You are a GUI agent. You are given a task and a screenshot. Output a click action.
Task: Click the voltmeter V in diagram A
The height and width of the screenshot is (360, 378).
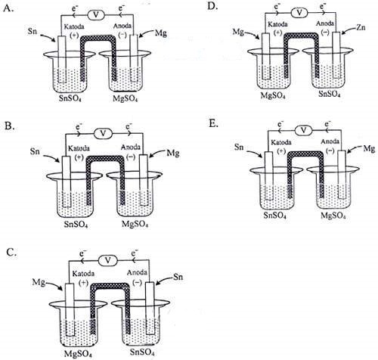coord(96,15)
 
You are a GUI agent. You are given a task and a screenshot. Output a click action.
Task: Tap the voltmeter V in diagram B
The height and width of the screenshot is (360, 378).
coord(103,133)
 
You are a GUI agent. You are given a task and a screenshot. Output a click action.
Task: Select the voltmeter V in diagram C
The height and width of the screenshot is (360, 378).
coord(108,260)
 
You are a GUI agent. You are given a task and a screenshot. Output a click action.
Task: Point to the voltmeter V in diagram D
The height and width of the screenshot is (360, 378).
coord(299,12)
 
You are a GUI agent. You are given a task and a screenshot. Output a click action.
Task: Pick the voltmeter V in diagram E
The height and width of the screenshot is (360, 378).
coord(304,130)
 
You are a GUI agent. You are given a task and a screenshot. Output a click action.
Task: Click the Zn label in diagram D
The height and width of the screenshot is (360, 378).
coord(361,27)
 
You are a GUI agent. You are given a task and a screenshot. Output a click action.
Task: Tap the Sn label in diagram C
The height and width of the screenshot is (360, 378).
coord(178,277)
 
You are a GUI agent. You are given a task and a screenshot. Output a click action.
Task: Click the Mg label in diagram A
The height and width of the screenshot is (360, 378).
coord(161,33)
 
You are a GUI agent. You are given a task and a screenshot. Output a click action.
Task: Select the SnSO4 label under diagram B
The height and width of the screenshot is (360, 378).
coord(76,224)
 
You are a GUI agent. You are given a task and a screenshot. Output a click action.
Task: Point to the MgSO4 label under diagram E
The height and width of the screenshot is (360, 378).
coord(333,216)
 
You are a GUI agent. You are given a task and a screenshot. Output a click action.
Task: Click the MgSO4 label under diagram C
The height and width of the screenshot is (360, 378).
coord(78,353)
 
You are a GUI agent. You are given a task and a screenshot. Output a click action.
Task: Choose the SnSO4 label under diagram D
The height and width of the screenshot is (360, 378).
coord(330,94)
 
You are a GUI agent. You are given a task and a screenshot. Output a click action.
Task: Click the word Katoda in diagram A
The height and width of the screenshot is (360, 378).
coord(74,26)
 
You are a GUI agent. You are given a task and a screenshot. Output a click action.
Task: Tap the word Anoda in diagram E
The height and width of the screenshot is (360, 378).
coord(330,141)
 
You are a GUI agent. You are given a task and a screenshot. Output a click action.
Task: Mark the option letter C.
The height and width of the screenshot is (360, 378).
coord(11,253)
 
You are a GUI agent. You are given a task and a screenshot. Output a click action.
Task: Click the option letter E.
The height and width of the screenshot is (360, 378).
coord(213,124)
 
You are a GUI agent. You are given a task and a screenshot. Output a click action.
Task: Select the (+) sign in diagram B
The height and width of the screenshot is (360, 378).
coord(79,157)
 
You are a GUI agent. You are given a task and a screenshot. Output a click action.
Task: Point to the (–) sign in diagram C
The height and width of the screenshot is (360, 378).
coord(137,283)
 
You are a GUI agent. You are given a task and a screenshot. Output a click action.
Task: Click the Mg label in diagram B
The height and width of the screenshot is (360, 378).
coord(173,153)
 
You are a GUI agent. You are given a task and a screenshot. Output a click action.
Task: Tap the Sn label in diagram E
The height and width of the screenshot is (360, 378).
coord(239,147)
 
